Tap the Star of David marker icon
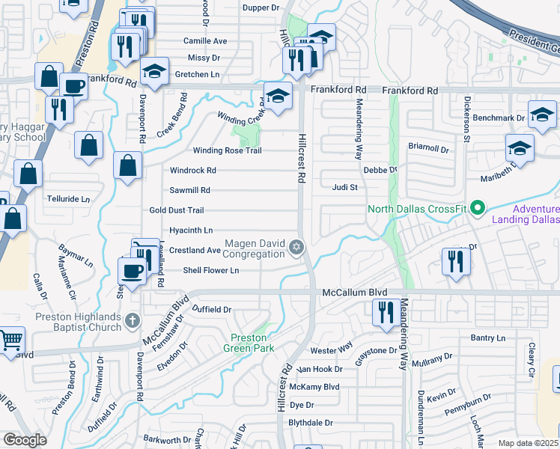coord(297,246)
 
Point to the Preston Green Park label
coord(249,342)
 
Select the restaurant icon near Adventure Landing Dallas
coord(455,262)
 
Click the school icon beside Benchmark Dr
coord(542,114)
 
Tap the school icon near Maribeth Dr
coord(519,147)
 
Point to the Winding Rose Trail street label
coord(228,150)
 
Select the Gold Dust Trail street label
coord(177,210)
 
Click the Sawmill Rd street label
coord(189,190)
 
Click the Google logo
coord(25,440)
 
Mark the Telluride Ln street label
coord(68,199)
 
